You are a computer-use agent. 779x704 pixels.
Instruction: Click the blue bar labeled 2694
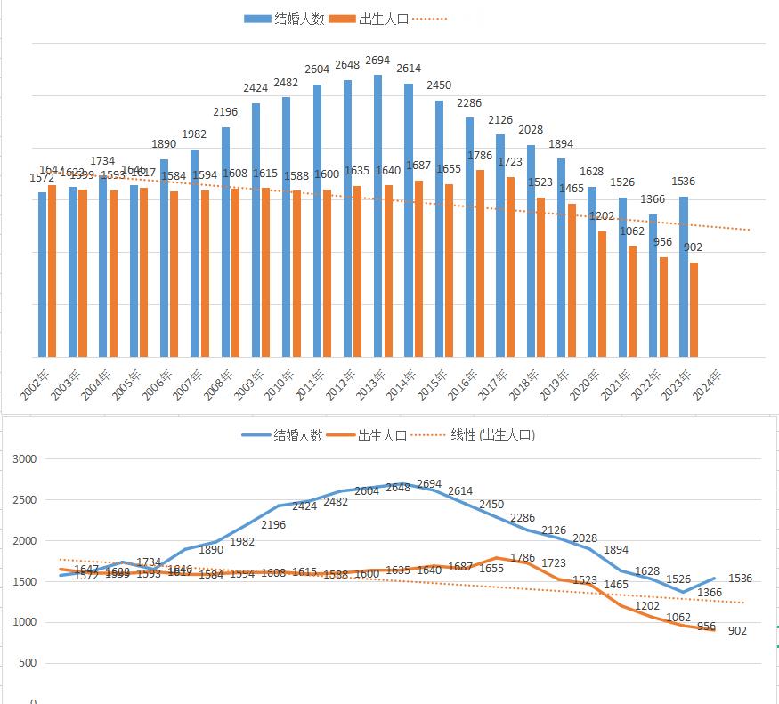click(x=378, y=215)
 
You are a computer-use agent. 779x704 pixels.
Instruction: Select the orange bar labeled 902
click(x=694, y=310)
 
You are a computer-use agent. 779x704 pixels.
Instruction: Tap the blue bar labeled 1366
click(x=653, y=285)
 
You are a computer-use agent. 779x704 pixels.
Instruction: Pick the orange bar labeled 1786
click(x=480, y=263)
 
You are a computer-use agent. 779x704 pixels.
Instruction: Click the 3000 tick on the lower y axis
click(x=25, y=459)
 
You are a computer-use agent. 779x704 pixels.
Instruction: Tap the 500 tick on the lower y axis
click(x=27, y=663)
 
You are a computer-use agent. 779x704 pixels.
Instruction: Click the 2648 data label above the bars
click(x=347, y=66)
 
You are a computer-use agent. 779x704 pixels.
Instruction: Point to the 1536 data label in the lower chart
click(x=740, y=579)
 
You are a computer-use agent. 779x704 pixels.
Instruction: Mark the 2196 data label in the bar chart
click(x=224, y=112)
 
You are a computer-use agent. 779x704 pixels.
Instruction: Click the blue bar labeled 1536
click(x=684, y=277)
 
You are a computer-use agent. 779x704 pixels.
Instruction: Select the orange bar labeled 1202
click(x=603, y=294)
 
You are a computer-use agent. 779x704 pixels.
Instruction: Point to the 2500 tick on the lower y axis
click(x=25, y=500)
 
